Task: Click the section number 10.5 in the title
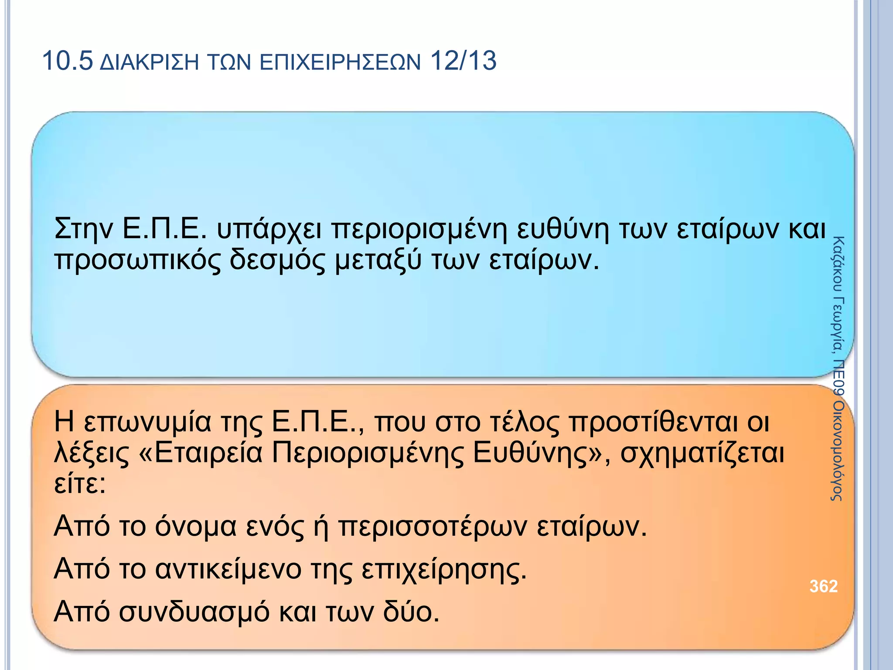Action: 68,61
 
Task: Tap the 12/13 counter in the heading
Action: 463,61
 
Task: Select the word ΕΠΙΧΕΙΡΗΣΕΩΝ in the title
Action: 341,63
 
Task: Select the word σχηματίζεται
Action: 702,454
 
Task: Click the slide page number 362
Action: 823,586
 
